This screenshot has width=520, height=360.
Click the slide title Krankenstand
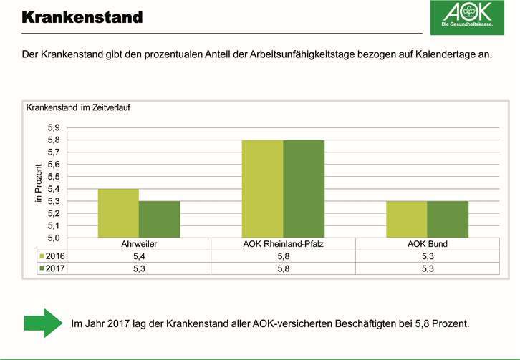click(81, 16)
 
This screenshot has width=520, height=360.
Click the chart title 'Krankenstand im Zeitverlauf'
click(77, 108)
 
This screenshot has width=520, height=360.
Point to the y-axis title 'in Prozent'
click(39, 183)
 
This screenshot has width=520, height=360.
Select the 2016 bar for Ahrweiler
click(119, 213)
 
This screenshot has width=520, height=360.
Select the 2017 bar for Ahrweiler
click(160, 219)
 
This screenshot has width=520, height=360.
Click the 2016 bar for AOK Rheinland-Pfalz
click(262, 188)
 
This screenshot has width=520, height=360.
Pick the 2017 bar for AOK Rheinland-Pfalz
click(304, 188)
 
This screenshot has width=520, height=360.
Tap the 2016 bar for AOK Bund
click(406, 219)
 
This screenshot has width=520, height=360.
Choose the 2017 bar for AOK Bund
click(448, 219)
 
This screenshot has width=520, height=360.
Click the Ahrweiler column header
click(140, 244)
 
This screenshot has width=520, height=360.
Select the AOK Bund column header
click(427, 244)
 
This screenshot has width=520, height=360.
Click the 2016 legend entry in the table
click(53, 256)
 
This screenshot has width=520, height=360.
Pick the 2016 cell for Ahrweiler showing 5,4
click(140, 256)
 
